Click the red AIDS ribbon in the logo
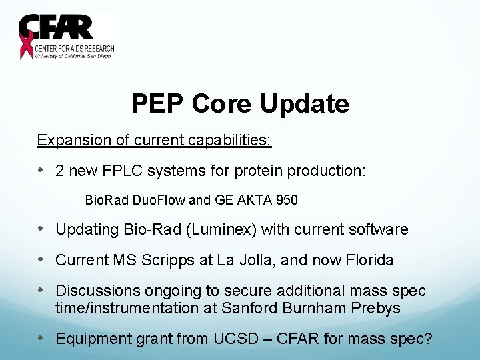point(27,44)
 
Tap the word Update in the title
point(304,103)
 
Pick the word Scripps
point(167,260)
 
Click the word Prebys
point(377,308)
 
